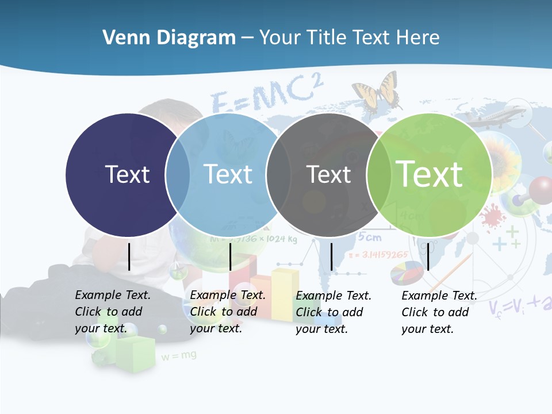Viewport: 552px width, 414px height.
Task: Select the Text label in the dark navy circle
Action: pyautogui.click(x=127, y=174)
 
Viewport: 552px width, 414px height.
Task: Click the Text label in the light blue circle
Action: pyautogui.click(x=228, y=174)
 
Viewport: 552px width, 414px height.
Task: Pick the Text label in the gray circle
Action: pyautogui.click(x=328, y=174)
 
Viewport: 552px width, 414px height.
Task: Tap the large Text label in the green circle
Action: pyautogui.click(x=429, y=174)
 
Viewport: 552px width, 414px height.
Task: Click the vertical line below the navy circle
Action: pyautogui.click(x=129, y=256)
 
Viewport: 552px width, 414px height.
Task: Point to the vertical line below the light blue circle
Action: pyautogui.click(x=230, y=256)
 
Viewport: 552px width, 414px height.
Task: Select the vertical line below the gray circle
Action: pyautogui.click(x=331, y=256)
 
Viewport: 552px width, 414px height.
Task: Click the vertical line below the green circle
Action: pyautogui.click(x=428, y=256)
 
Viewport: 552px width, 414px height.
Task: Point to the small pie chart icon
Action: pyautogui.click(x=407, y=273)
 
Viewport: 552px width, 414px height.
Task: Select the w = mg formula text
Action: pyautogui.click(x=179, y=356)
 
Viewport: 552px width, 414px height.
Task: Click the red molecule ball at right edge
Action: pyautogui.click(x=540, y=188)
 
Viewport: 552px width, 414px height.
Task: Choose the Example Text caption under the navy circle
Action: pyautogui.click(x=113, y=312)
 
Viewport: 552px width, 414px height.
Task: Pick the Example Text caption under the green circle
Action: pyautogui.click(x=439, y=312)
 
